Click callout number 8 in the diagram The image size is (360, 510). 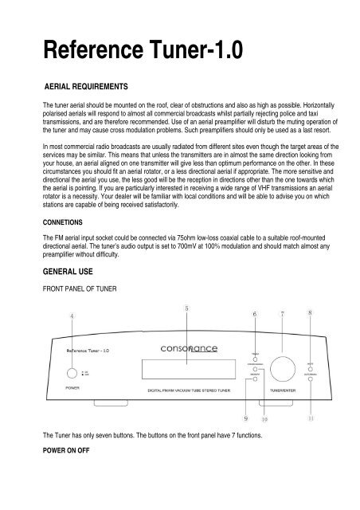pyautogui.click(x=309, y=313)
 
